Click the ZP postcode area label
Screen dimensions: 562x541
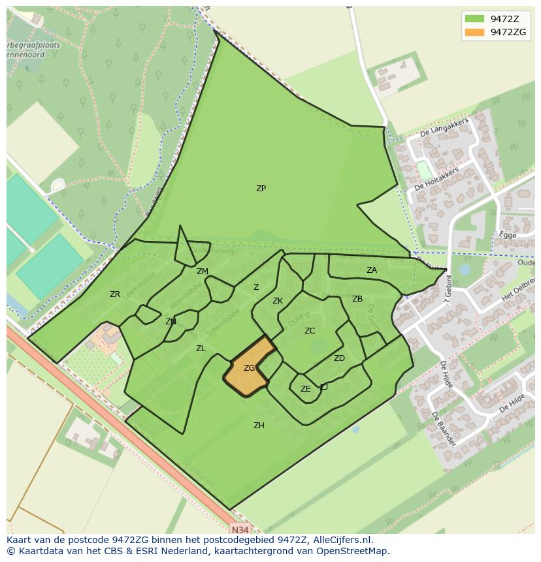click(x=261, y=189)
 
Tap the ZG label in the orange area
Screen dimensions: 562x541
click(x=249, y=368)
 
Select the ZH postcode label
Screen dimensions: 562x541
click(x=259, y=426)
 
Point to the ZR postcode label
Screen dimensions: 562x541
click(x=115, y=294)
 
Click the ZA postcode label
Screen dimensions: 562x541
click(x=371, y=270)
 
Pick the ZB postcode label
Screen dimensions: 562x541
click(x=357, y=299)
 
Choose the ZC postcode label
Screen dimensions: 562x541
click(x=310, y=331)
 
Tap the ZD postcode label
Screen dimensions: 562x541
click(x=339, y=358)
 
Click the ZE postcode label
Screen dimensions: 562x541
click(x=305, y=389)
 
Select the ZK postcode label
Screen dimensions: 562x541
click(x=278, y=301)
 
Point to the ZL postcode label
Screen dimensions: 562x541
click(x=201, y=349)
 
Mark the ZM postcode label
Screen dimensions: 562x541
click(x=203, y=272)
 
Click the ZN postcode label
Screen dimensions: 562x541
click(x=171, y=322)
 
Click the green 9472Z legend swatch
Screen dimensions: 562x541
click(x=474, y=19)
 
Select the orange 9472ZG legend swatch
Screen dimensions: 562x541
click(x=474, y=32)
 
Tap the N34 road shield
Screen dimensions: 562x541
click(x=240, y=529)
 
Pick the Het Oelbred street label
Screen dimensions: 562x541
click(x=517, y=288)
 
